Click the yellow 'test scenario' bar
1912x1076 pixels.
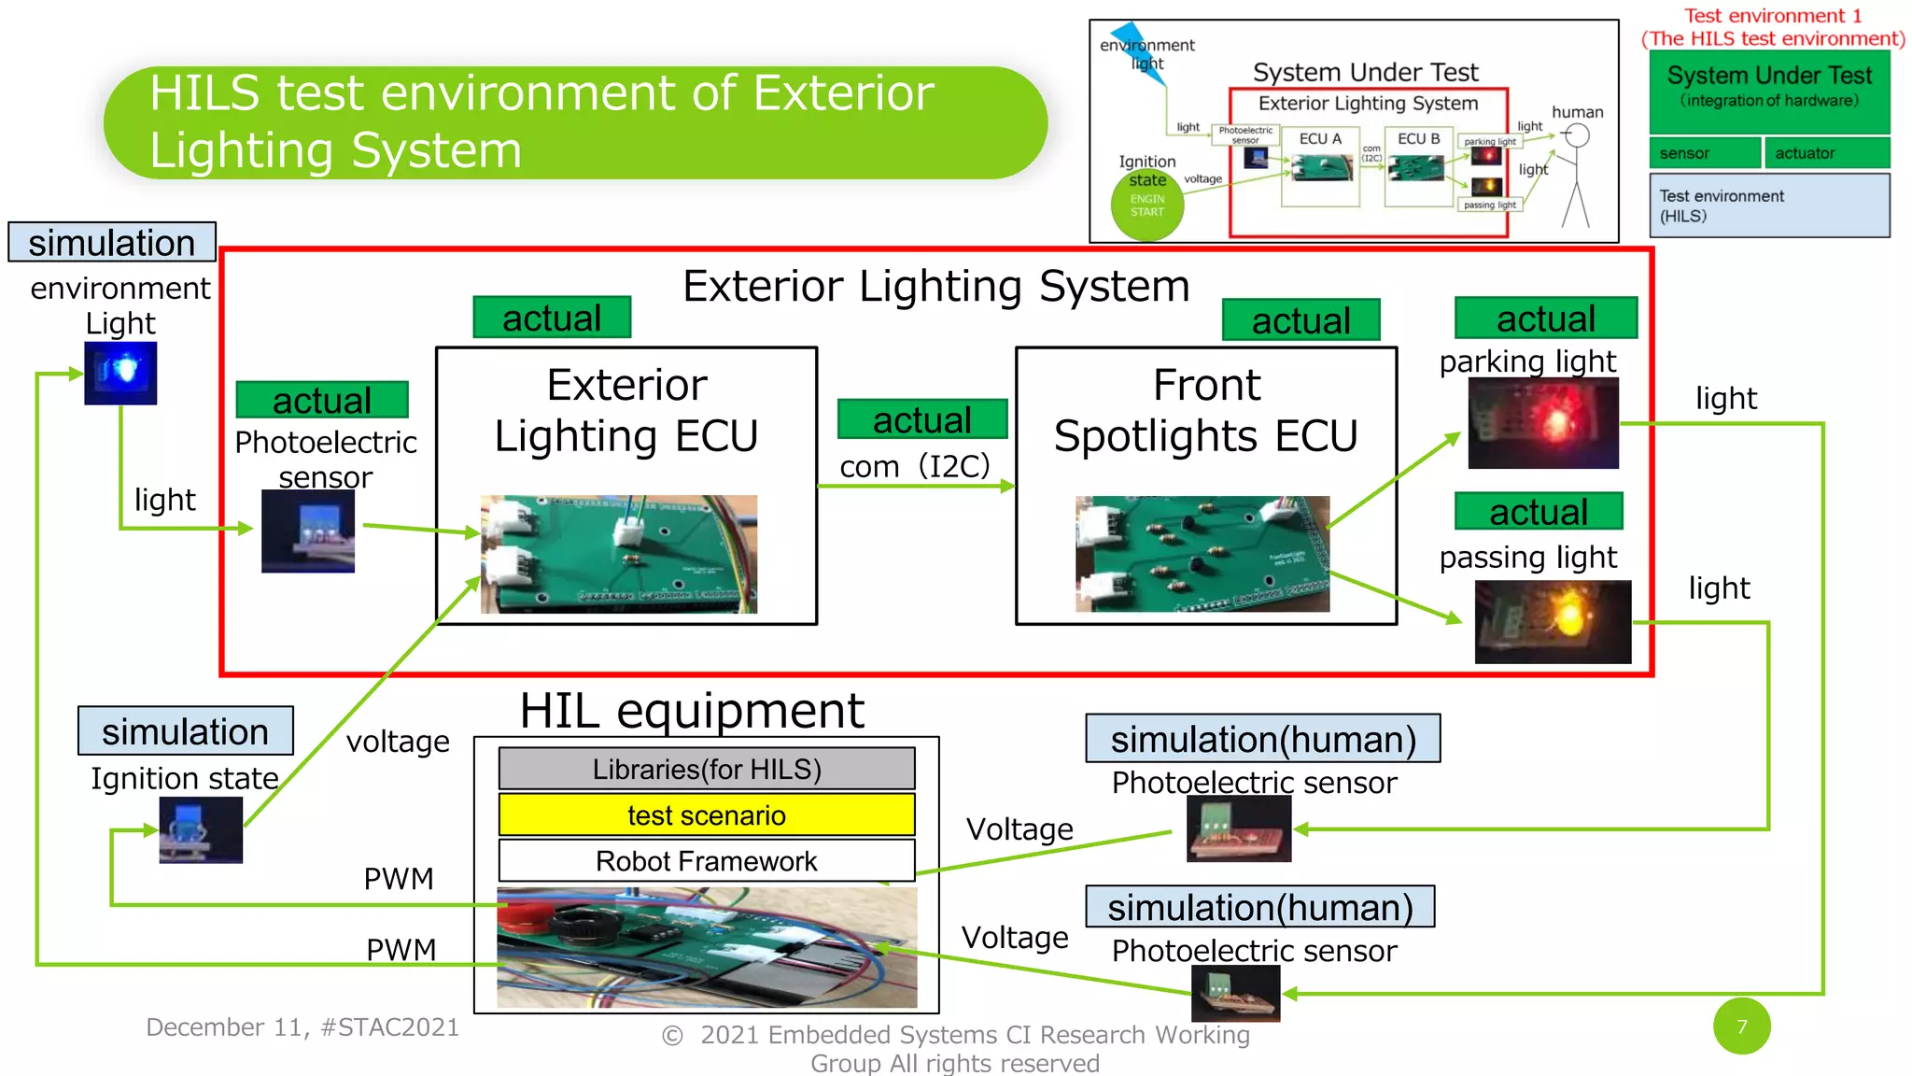(x=707, y=814)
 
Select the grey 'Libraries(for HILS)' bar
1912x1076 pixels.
(x=707, y=769)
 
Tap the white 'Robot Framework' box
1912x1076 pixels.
(x=707, y=860)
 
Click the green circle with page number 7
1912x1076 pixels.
(x=1741, y=1026)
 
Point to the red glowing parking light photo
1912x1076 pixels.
(x=1542, y=423)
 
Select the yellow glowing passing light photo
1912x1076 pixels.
(x=1553, y=621)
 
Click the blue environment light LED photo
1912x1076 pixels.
(x=120, y=373)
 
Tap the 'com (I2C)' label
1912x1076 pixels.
(x=914, y=465)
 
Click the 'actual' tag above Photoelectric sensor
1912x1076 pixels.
(x=322, y=400)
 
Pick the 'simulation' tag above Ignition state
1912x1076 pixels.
(x=185, y=731)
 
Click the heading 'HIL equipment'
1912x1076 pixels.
(x=692, y=711)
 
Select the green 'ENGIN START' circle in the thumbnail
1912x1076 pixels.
(x=1147, y=205)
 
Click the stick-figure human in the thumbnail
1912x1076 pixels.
(x=1576, y=177)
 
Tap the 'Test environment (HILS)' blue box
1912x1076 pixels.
(x=1769, y=205)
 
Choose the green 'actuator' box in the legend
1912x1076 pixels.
(x=1826, y=153)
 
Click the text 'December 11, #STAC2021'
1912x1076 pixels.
(x=302, y=1026)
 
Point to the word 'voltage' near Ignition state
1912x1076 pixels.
(x=398, y=742)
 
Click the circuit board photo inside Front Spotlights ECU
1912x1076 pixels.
(x=1202, y=554)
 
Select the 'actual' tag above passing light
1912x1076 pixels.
(x=1538, y=512)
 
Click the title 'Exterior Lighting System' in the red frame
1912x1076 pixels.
(x=935, y=286)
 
